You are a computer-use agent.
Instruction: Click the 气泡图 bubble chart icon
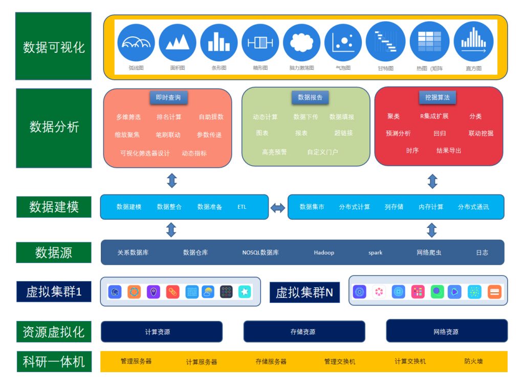coord(343,42)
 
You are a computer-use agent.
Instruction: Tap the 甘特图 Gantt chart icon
coord(385,42)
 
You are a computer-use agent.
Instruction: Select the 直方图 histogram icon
coord(473,42)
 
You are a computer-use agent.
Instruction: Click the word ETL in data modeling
coord(242,207)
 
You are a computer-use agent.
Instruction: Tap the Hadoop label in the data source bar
coord(324,252)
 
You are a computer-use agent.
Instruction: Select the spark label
coord(375,252)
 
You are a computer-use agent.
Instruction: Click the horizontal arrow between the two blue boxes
coord(278,207)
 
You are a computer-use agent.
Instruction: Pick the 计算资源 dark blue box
coord(162,332)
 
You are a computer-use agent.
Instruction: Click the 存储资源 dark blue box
coord(304,332)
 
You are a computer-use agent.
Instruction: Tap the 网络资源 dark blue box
coord(446,331)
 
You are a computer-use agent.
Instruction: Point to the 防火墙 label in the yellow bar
coord(473,361)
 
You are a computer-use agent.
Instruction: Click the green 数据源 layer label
coord(54,252)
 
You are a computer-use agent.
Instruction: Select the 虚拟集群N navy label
coord(304,292)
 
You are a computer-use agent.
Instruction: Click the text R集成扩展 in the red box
coord(434,116)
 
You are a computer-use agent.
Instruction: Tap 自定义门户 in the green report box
coord(322,152)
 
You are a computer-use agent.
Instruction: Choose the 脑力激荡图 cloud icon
coord(301,42)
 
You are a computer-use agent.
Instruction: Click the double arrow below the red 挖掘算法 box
coord(432,181)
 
